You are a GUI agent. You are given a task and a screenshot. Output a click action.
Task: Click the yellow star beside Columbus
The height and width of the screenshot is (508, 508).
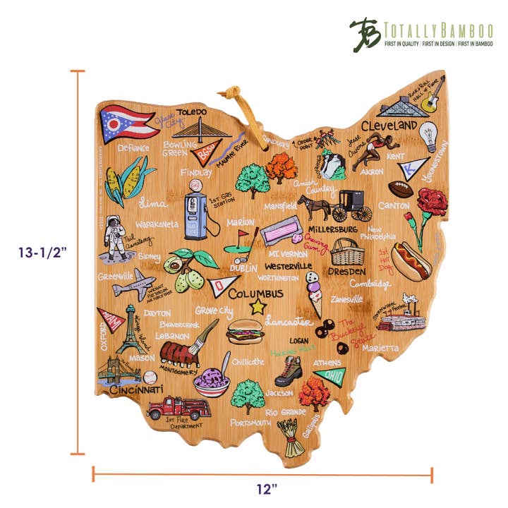point(258,306)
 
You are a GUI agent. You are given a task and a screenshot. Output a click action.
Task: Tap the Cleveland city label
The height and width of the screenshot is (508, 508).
point(389,126)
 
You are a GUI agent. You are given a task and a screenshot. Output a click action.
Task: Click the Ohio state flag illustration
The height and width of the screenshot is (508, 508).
point(128,123)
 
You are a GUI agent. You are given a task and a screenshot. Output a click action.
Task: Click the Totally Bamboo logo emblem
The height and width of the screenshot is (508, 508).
point(364,33)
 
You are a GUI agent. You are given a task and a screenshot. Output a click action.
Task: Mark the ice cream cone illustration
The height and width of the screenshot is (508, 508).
point(313,294)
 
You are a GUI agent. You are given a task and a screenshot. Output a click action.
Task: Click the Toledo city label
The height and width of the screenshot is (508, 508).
point(191,112)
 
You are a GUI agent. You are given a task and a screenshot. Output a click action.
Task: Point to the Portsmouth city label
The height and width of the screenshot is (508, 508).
point(250,423)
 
